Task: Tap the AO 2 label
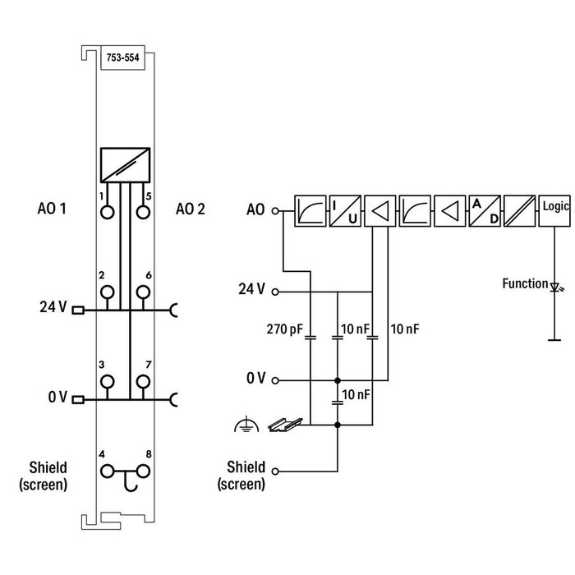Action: (x=191, y=209)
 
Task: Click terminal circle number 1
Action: (x=107, y=213)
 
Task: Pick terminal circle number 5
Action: (x=143, y=213)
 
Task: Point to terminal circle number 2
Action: (x=107, y=292)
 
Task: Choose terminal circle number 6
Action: (x=143, y=292)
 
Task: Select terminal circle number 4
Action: (x=107, y=471)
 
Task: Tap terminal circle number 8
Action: (x=143, y=471)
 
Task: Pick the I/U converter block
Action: (x=343, y=210)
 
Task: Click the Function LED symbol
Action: (x=554, y=287)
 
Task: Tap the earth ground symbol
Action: (x=244, y=424)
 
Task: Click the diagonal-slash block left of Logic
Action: (x=519, y=210)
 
